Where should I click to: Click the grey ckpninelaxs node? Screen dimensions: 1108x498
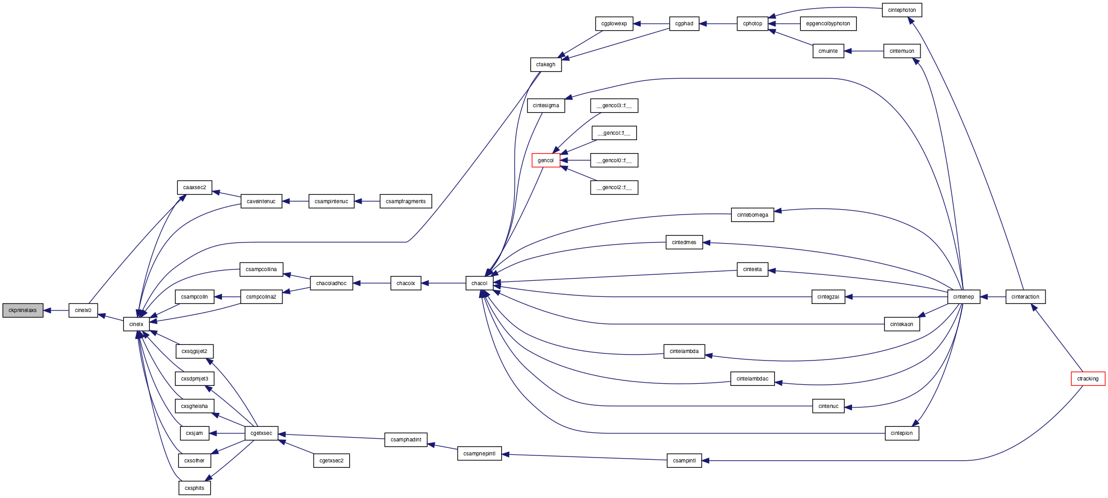tap(23, 310)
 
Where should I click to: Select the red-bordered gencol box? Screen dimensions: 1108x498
tap(545, 160)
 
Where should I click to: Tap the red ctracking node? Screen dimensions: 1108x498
tap(1088, 378)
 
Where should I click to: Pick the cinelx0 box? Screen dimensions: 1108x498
tap(83, 310)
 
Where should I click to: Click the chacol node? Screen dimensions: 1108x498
tap(479, 283)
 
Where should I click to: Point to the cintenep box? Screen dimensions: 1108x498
tap(964, 296)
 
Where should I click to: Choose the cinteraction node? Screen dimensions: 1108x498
tap(1026, 296)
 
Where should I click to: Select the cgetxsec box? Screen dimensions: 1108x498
tap(261, 433)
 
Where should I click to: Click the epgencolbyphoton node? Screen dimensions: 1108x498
tap(828, 24)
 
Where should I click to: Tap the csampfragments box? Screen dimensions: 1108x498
tap(406, 201)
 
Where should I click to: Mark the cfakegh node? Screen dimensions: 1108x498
tap(545, 64)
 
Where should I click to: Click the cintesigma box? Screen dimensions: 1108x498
tap(546, 105)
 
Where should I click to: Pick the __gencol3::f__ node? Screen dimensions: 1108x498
tap(614, 105)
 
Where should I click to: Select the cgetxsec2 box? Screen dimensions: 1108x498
tap(331, 461)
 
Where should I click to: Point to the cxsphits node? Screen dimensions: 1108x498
tap(195, 488)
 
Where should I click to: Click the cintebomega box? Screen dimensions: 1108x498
tap(752, 215)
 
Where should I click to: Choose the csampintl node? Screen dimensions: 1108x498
tap(684, 461)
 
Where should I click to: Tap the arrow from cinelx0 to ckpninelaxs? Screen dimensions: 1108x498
tap(56, 310)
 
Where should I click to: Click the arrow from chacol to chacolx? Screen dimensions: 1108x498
tap(444, 283)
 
